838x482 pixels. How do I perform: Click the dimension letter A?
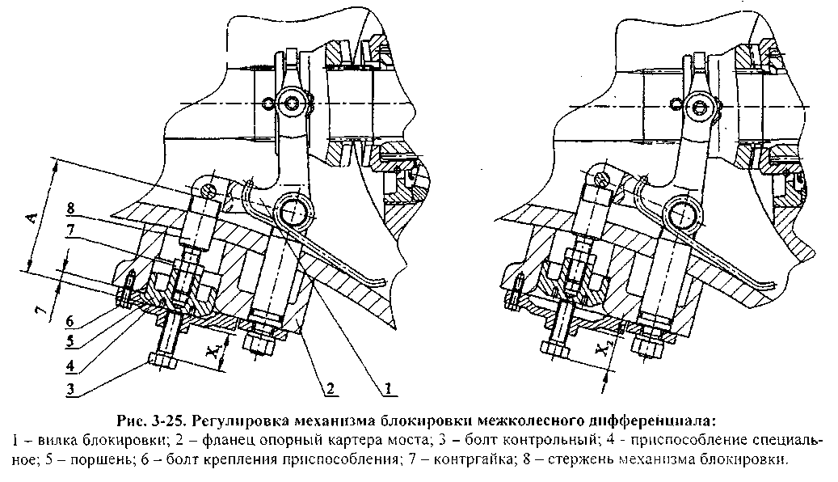click(x=31, y=218)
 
